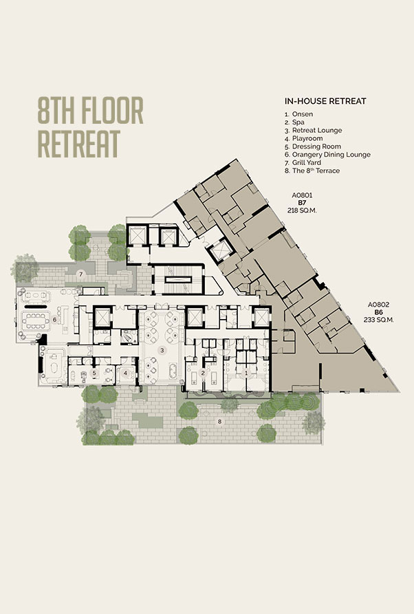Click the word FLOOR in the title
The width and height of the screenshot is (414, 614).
point(112,111)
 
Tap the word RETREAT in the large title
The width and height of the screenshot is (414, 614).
point(78,144)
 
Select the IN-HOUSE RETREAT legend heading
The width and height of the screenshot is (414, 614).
point(325,101)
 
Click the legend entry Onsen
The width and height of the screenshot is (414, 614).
point(303,114)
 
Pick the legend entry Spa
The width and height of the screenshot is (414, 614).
point(298,122)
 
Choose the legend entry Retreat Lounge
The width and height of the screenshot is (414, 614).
point(317,131)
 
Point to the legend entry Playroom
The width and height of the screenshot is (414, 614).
point(307,139)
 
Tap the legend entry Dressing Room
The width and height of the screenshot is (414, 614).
point(316,146)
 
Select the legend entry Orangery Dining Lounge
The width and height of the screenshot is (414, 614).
point(331,155)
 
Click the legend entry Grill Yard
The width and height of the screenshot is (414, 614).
point(307,162)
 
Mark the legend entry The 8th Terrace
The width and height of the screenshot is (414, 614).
point(316,171)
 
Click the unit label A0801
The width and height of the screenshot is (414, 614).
point(302,195)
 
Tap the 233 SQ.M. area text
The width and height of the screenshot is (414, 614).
point(378,320)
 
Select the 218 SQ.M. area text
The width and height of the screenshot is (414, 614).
point(302,210)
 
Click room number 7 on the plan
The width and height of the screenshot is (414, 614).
point(81,274)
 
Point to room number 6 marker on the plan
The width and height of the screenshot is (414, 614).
point(54,320)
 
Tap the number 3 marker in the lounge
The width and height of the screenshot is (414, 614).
point(162,350)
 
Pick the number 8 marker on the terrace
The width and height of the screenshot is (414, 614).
point(220,421)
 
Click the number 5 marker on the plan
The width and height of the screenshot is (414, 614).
point(94,373)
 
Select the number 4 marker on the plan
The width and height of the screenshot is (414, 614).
point(125,373)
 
